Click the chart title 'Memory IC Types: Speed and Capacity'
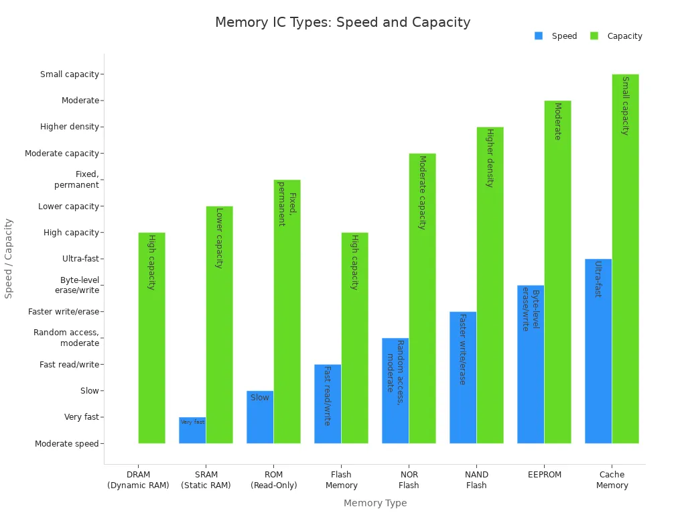pos(342,22)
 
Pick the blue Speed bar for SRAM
pos(192,431)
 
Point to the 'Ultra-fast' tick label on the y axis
pos(80,259)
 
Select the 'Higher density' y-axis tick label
pos(70,127)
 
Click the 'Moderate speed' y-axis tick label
pos(67,443)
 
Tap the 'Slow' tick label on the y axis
pos(90,391)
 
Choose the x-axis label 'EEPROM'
pos(544,475)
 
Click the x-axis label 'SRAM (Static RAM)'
pos(206,480)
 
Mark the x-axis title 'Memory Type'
pos(375,503)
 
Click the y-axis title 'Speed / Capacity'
pos(9,258)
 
